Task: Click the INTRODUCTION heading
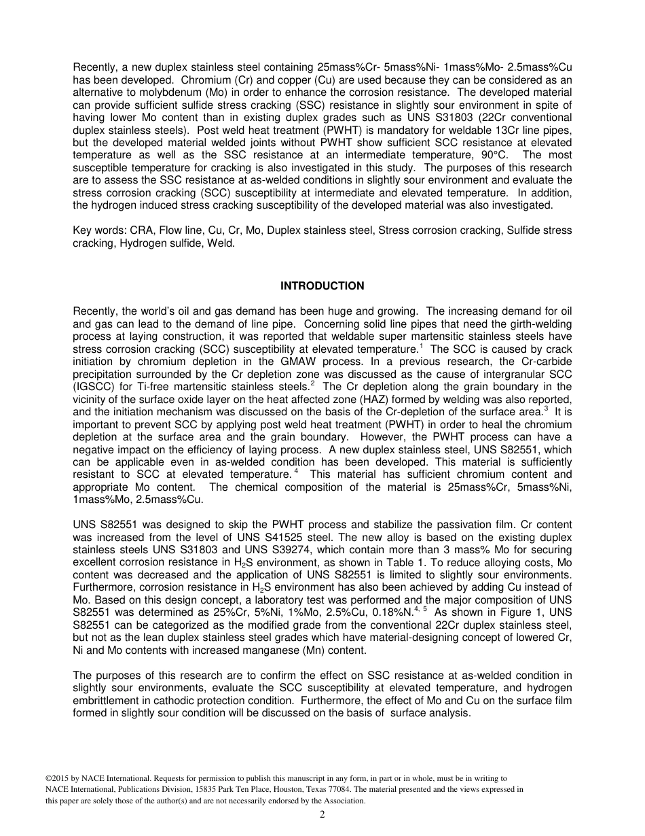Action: coord(322,286)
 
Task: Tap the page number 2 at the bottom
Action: coord(322,816)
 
